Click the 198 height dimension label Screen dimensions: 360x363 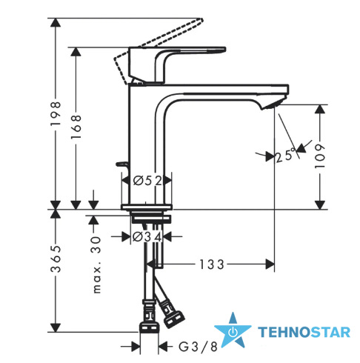pos(56,113)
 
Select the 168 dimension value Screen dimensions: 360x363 pos(76,127)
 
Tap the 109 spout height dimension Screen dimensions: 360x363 pos(320,156)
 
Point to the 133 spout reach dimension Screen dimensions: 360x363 pos(212,264)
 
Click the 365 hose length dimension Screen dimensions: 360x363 pos(56,259)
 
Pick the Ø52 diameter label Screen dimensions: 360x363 pos(147,181)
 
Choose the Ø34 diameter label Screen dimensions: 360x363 pos(147,237)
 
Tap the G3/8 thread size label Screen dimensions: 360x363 pos(198,347)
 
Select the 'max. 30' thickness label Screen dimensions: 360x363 pos(96,265)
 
